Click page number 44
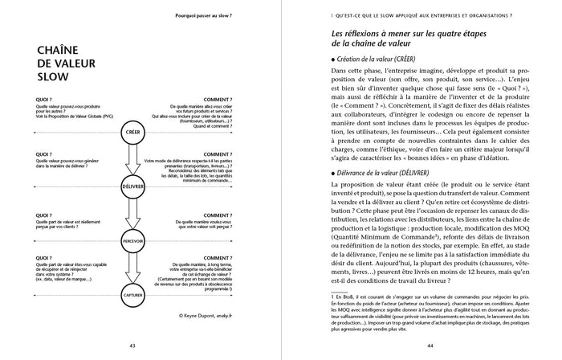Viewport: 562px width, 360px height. pyautogui.click(x=428, y=346)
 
